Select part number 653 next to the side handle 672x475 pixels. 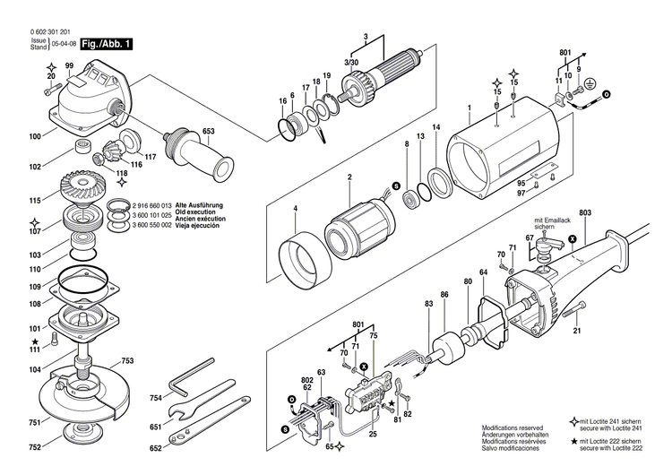[x=208, y=132]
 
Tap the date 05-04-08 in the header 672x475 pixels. [x=62, y=42]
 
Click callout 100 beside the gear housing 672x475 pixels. [x=35, y=137]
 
